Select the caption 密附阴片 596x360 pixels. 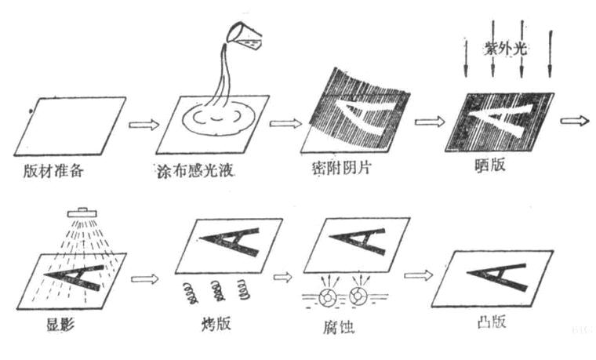[x=341, y=169]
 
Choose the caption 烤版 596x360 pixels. [x=218, y=324]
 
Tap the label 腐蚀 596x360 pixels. [x=346, y=324]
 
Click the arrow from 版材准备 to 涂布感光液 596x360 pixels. [x=144, y=123]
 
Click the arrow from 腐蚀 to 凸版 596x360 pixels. [x=417, y=275]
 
